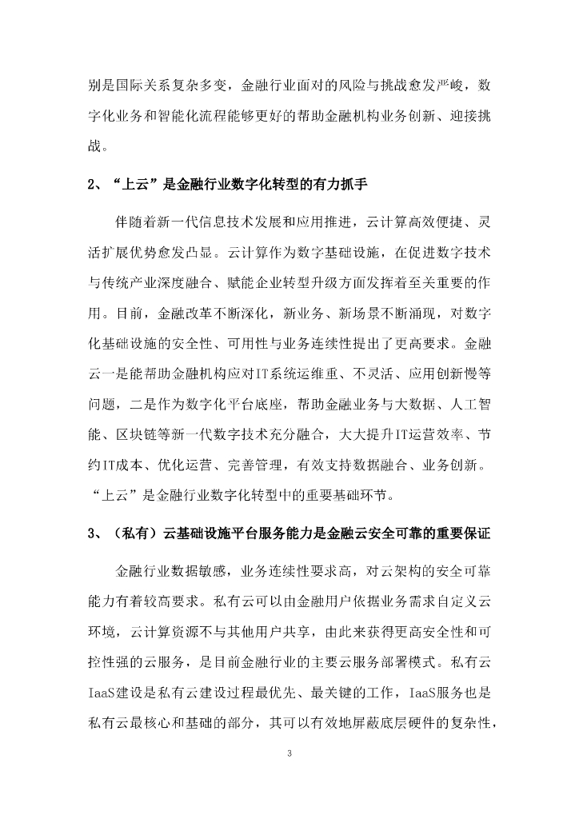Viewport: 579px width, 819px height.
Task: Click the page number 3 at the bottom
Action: (x=289, y=753)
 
